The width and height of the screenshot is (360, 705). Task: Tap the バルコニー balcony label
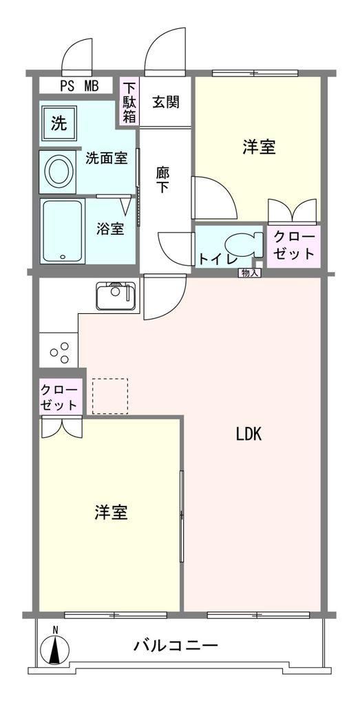click(x=176, y=646)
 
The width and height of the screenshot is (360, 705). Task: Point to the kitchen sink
click(x=116, y=296)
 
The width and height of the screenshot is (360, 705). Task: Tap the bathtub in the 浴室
click(x=63, y=231)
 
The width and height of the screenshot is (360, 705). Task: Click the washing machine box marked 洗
click(x=59, y=123)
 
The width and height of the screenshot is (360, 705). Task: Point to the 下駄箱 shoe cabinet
click(x=129, y=101)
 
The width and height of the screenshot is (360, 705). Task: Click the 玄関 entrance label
click(x=165, y=103)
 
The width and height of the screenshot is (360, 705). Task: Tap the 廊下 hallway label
click(x=162, y=179)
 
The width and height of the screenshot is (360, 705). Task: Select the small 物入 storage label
click(x=249, y=273)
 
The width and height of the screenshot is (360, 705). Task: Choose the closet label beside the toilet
click(x=294, y=246)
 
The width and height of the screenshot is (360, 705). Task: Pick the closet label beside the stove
click(x=59, y=397)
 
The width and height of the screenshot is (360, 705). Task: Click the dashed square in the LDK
click(x=110, y=396)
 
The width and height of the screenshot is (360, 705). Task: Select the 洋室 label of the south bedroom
click(x=111, y=512)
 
